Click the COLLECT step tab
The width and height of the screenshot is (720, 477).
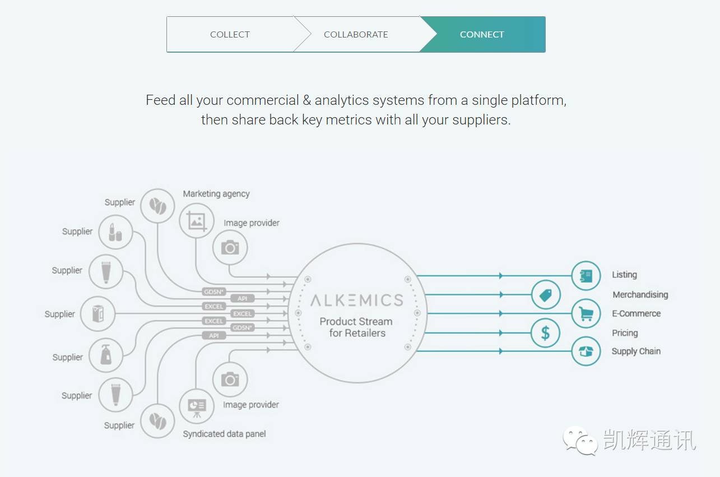click(x=230, y=34)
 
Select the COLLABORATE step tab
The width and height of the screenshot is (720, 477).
click(x=356, y=34)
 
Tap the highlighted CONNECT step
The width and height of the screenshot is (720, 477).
click(x=482, y=34)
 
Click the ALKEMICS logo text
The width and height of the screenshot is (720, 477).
click(x=357, y=300)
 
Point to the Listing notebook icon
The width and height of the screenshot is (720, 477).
click(x=586, y=276)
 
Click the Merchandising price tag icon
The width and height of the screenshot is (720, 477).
click(x=546, y=295)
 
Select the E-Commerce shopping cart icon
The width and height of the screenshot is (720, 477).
click(x=586, y=313)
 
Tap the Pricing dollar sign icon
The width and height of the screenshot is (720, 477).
click(x=546, y=333)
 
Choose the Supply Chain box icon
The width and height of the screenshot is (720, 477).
click(x=586, y=351)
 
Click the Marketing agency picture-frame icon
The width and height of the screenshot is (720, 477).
click(x=197, y=221)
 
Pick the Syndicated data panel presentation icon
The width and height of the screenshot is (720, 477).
click(x=197, y=406)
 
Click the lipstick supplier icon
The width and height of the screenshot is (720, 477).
click(x=115, y=232)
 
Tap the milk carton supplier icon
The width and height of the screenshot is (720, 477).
click(x=97, y=313)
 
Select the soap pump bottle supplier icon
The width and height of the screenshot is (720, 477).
click(x=106, y=355)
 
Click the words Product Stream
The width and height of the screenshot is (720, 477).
click(x=356, y=321)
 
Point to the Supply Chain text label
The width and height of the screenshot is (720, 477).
click(x=636, y=351)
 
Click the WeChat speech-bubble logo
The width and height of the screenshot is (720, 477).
click(x=580, y=441)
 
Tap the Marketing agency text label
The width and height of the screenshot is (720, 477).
click(x=216, y=193)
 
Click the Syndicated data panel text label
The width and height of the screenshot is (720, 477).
click(x=224, y=434)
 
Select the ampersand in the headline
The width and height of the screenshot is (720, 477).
click(x=307, y=100)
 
